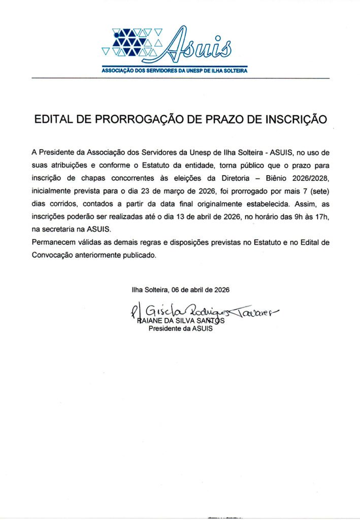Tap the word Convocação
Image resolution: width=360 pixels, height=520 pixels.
point(52,255)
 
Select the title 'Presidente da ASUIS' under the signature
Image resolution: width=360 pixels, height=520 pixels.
point(180,329)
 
